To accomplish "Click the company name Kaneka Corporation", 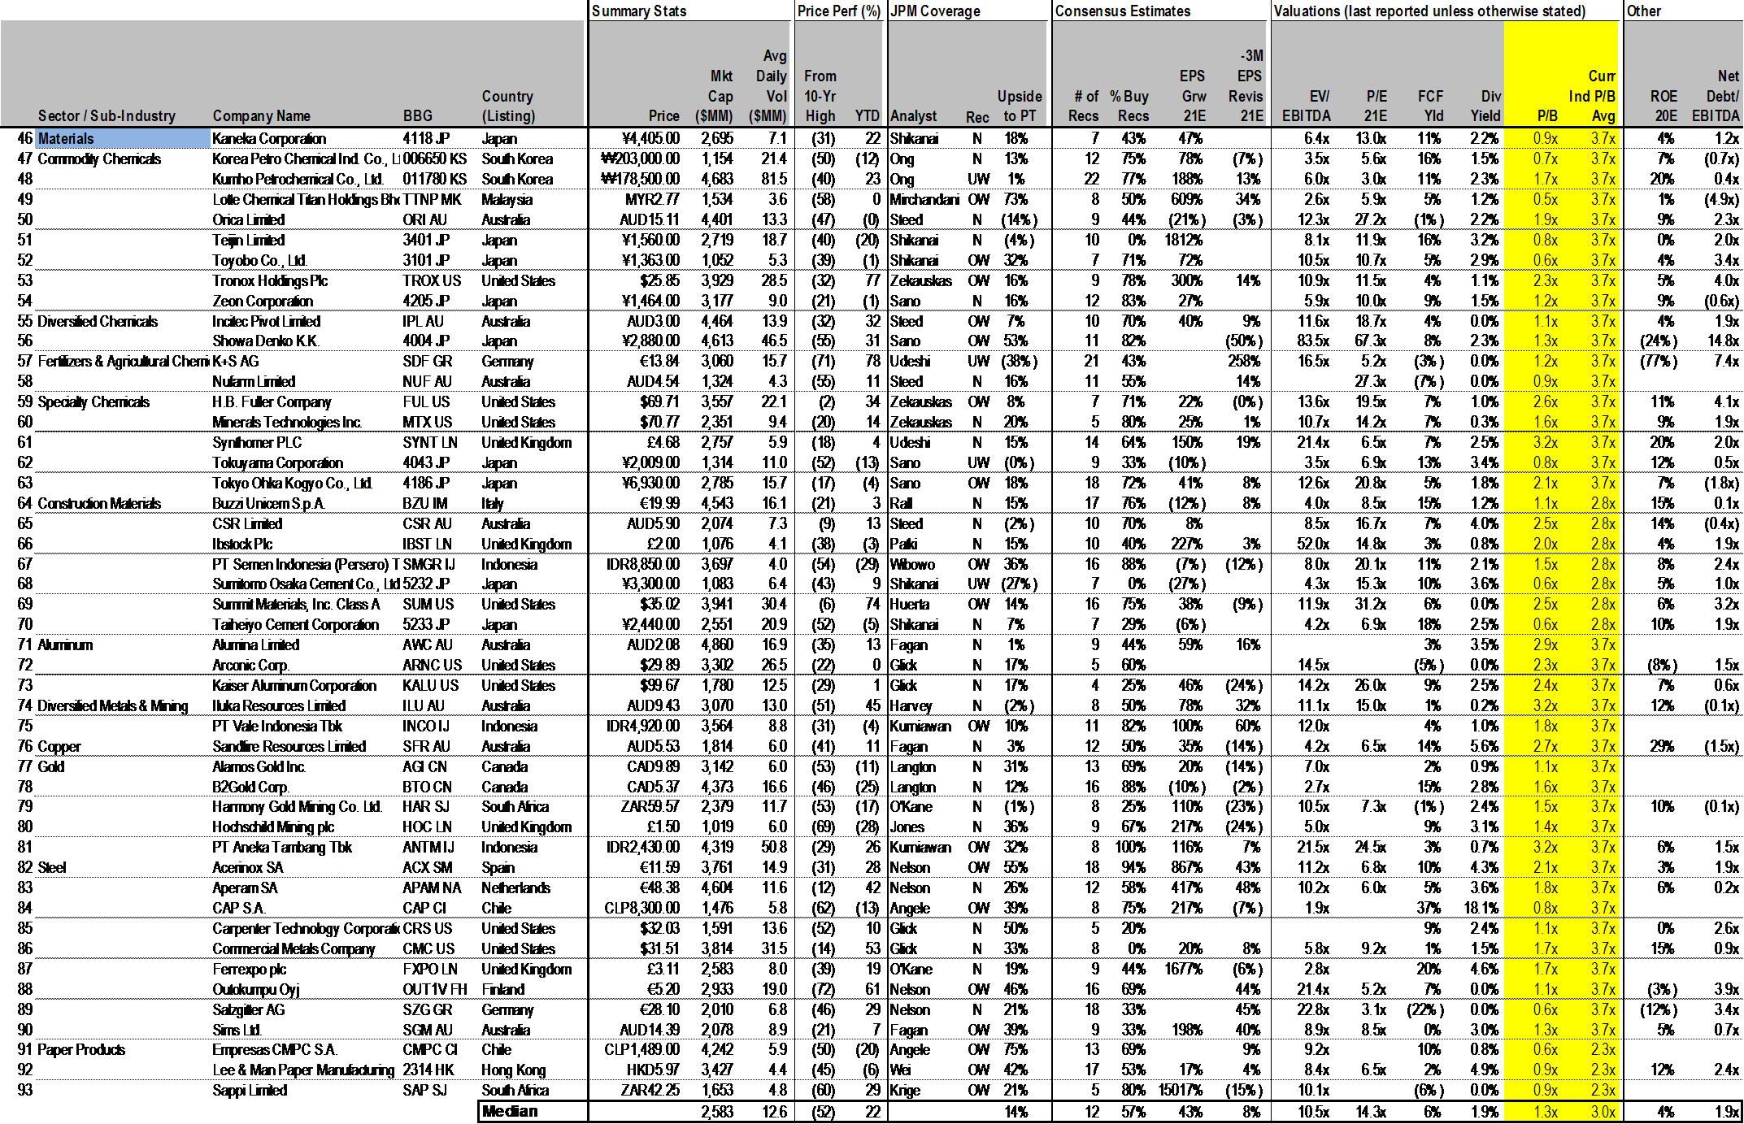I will click(269, 139).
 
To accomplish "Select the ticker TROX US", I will click(431, 280).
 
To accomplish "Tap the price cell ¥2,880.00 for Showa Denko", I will click(649, 341).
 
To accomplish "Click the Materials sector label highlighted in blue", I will click(67, 139).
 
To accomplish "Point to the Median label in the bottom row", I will click(510, 1111).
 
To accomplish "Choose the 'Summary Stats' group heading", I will click(639, 11).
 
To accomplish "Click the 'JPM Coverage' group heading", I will click(936, 11).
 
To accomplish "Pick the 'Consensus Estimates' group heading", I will click(1123, 11).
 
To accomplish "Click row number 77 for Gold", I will click(25, 766).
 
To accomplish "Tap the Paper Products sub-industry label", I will click(81, 1050).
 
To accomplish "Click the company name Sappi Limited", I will click(250, 1091).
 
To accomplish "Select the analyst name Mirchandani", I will click(924, 199).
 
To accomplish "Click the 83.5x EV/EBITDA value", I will click(1314, 341).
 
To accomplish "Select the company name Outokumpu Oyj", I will click(256, 989).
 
